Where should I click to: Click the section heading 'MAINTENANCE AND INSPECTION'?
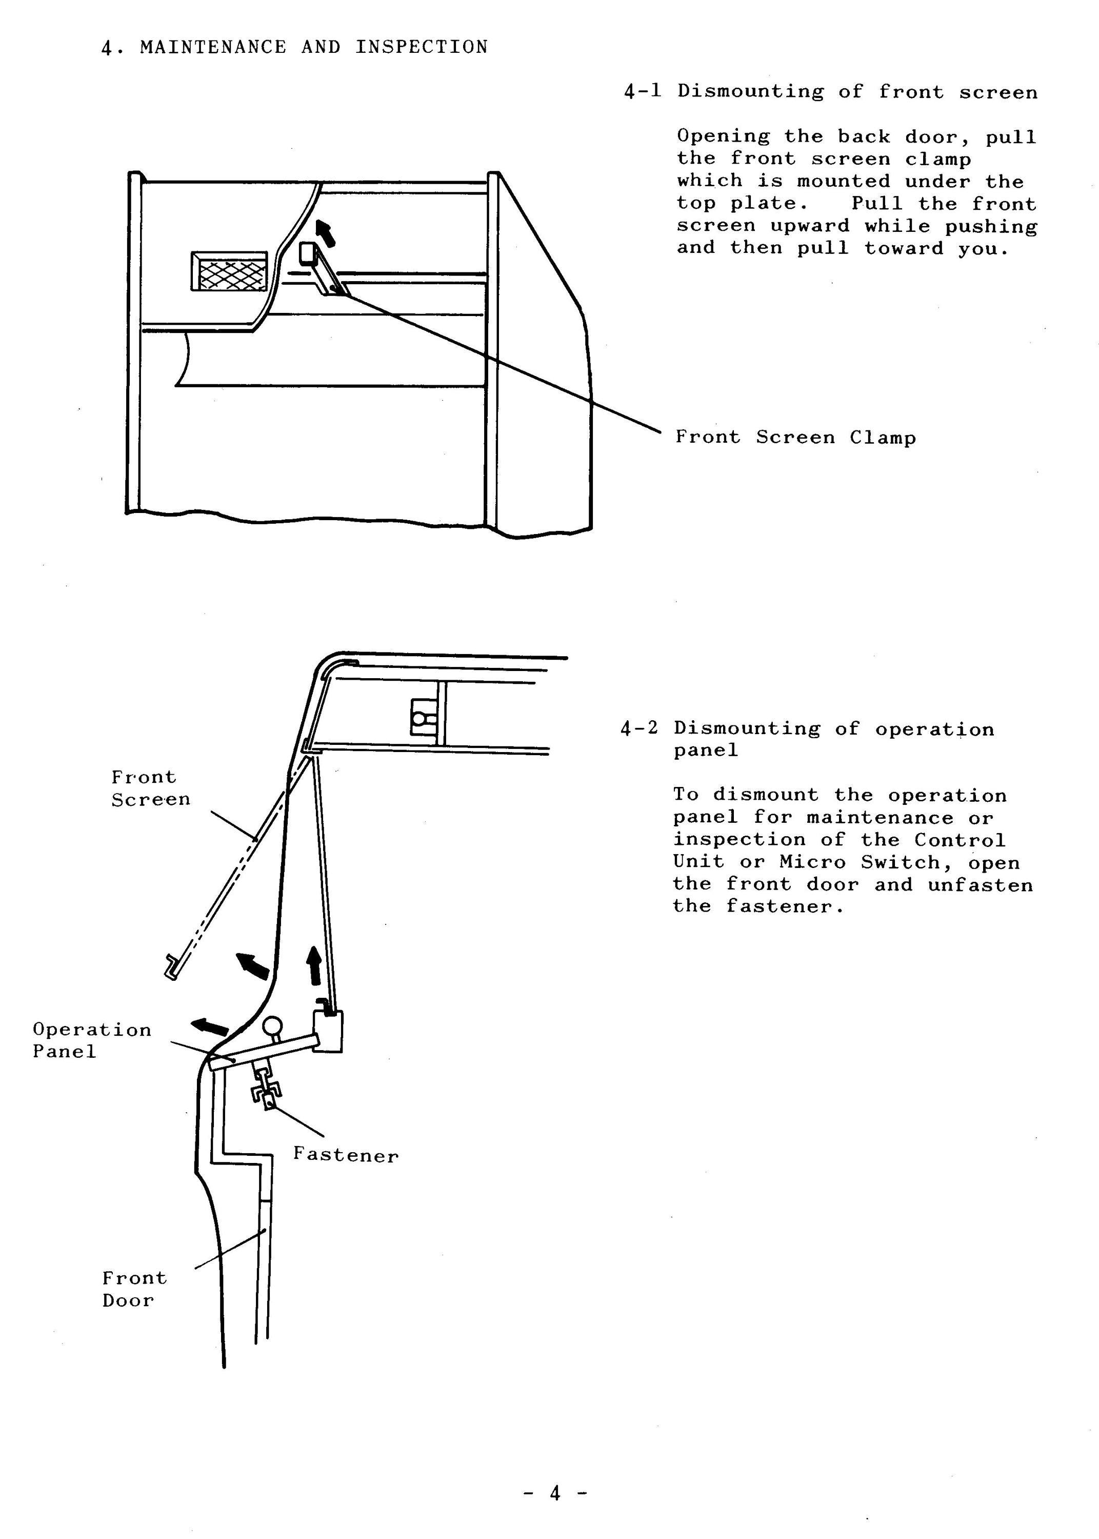pyautogui.click(x=313, y=47)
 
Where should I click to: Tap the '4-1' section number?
pyautogui.click(x=642, y=91)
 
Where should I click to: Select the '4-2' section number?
pyautogui.click(x=639, y=728)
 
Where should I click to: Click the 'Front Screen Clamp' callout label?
pyautogui.click(x=796, y=437)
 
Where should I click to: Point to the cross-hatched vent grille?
pyautogui.click(x=229, y=272)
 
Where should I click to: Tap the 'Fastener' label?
pyautogui.click(x=346, y=1155)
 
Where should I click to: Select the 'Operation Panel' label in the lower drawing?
pyautogui.click(x=91, y=1040)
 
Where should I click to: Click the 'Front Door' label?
pyautogui.click(x=134, y=1289)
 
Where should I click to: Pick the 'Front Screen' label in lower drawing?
pyautogui.click(x=150, y=788)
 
